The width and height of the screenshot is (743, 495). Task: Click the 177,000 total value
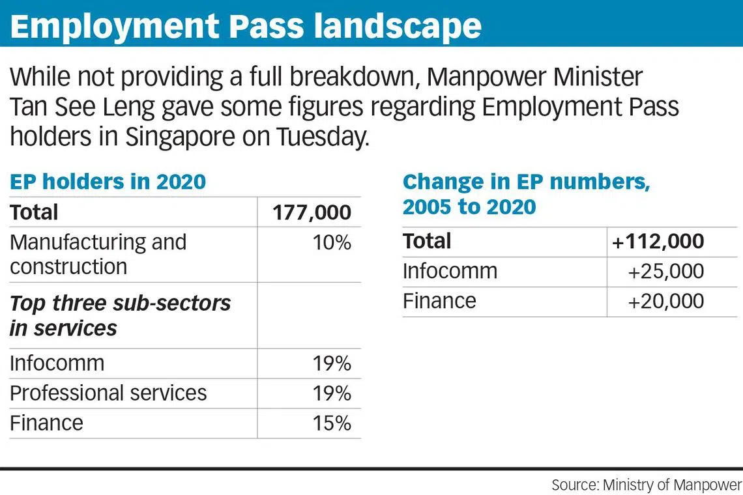(x=312, y=212)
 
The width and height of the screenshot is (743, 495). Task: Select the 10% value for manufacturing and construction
(x=332, y=243)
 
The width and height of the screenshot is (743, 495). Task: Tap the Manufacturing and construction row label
(x=98, y=254)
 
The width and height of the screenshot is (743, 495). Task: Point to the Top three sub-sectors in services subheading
(x=120, y=315)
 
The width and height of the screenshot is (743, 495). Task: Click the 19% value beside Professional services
(x=332, y=393)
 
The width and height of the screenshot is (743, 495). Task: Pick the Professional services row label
(x=108, y=393)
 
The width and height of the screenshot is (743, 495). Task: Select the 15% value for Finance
(x=332, y=423)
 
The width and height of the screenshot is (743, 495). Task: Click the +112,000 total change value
(x=658, y=242)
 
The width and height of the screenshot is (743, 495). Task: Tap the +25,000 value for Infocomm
(x=665, y=271)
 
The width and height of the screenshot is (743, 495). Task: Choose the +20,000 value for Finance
(x=665, y=301)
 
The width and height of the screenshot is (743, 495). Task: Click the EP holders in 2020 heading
(x=108, y=182)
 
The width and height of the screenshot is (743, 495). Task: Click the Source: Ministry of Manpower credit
(x=647, y=485)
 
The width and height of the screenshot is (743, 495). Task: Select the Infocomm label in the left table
(x=57, y=363)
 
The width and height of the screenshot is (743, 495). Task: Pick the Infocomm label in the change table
(x=450, y=271)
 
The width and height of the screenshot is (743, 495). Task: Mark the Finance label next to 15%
(x=46, y=423)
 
